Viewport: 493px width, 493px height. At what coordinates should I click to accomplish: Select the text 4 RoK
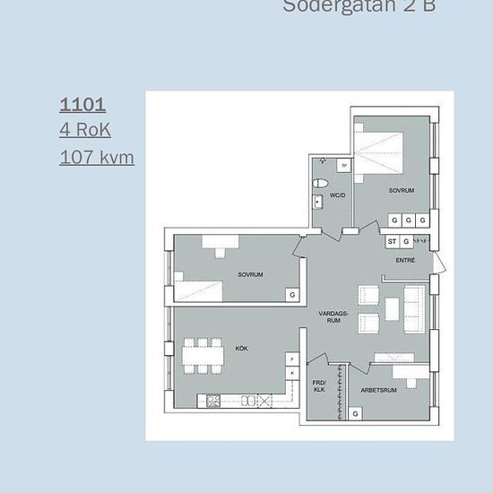tap(85, 130)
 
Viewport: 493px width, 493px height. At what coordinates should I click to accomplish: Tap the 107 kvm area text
tap(97, 158)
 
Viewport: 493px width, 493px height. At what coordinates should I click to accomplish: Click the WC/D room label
tap(338, 195)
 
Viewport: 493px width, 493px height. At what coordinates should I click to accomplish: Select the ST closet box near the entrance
tap(392, 241)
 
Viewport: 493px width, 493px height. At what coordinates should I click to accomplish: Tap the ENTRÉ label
tap(405, 260)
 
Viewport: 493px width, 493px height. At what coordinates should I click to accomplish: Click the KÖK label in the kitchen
tap(241, 347)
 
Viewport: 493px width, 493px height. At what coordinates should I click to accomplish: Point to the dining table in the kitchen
tap(203, 356)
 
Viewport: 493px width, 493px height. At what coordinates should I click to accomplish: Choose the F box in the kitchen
tap(291, 358)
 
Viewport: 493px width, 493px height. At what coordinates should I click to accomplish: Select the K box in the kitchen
tap(291, 372)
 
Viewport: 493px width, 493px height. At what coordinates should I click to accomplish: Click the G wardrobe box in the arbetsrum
tap(356, 414)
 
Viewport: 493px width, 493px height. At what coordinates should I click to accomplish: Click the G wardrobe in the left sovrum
tap(291, 294)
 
